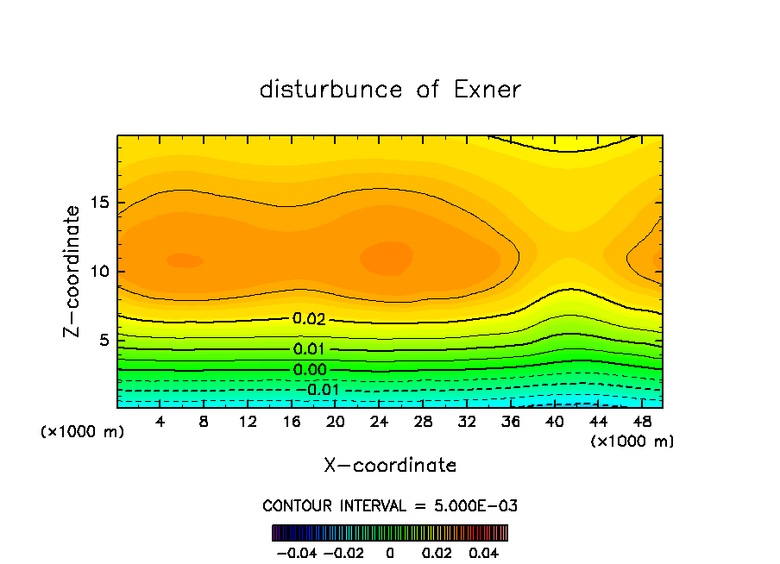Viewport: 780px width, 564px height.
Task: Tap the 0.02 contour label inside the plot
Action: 309,319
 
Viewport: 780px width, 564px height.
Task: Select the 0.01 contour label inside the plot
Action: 309,349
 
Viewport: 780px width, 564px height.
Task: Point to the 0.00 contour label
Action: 309,370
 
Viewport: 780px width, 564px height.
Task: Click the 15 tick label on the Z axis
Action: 100,203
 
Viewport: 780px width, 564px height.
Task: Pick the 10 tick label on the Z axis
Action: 100,272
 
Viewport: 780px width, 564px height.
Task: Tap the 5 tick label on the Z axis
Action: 104,340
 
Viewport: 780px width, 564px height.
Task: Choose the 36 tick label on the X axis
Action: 510,422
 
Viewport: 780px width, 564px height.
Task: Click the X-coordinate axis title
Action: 390,466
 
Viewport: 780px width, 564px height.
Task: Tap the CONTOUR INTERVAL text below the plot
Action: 390,505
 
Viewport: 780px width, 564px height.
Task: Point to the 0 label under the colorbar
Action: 390,552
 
